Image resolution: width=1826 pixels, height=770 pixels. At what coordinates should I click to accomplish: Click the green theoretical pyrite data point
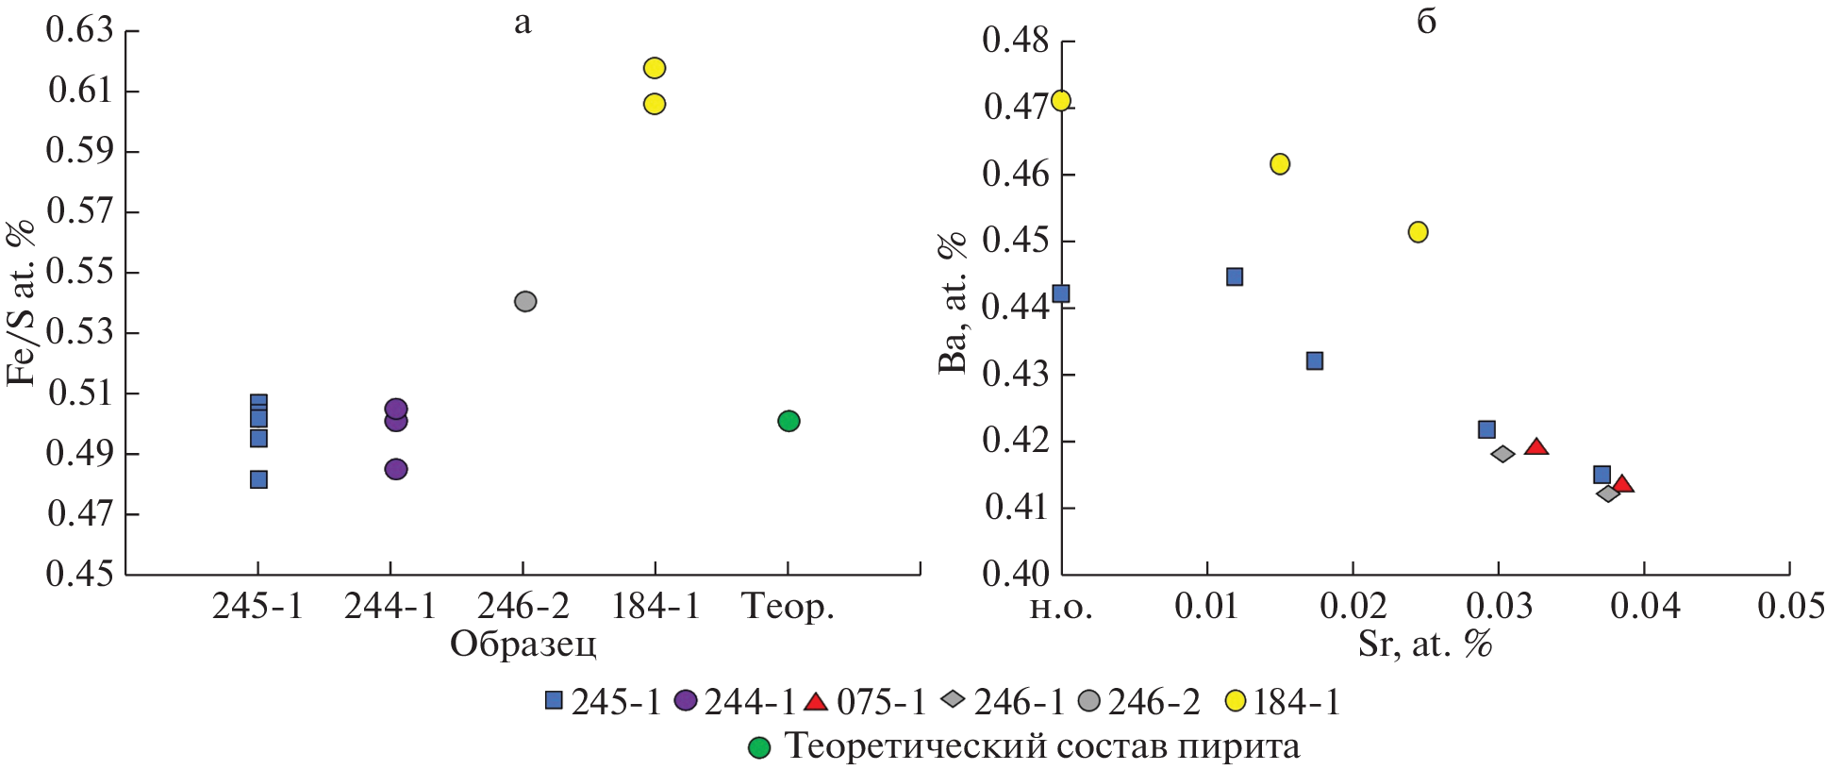[x=788, y=421]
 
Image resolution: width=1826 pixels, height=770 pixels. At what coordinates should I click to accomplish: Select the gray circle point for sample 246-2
[x=525, y=302]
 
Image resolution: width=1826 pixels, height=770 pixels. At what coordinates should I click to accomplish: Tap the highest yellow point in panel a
[x=655, y=68]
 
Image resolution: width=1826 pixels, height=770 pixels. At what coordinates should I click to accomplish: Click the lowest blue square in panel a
[x=258, y=479]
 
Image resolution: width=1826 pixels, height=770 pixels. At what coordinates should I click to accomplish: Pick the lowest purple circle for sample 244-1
[x=396, y=469]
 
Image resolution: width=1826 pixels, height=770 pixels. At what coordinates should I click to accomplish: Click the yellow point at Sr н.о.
[x=1061, y=101]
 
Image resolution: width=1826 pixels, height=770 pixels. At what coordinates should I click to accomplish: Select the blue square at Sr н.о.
[x=1061, y=293]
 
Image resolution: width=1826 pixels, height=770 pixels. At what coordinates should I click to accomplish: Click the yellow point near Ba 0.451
[x=1418, y=232]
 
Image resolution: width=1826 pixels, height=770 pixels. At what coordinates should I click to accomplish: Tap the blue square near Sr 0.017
[x=1314, y=361]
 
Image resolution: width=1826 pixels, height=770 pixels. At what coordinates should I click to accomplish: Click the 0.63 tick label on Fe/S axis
[x=79, y=30]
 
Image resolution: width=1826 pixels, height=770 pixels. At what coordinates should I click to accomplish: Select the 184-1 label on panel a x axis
[x=656, y=607]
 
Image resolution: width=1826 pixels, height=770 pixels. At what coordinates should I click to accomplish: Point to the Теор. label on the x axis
[x=788, y=607]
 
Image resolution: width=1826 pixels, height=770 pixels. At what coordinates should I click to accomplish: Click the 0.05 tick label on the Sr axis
[x=1790, y=606]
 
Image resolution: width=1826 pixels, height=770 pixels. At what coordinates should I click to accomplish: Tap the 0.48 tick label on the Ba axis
[x=1016, y=42]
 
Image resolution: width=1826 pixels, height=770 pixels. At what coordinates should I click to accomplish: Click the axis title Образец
[x=523, y=644]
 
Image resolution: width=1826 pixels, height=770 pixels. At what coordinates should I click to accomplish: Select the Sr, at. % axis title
[x=1425, y=644]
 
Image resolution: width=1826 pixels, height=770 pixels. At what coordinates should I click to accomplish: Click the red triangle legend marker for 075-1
[x=816, y=702]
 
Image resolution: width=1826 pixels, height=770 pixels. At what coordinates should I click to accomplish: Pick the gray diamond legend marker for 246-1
[x=954, y=700]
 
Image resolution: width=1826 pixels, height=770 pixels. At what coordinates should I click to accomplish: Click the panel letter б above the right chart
[x=1426, y=21]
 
